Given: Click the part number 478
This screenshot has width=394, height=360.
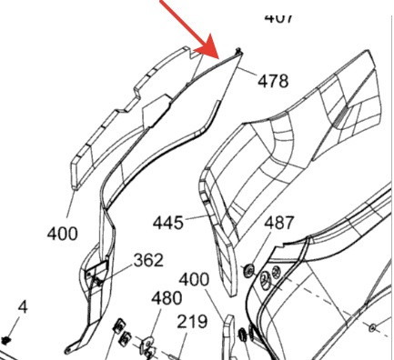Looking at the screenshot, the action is (x=271, y=81).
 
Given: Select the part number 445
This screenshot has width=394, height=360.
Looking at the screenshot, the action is (x=168, y=222).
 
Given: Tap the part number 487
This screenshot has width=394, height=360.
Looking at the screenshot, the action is (x=279, y=223).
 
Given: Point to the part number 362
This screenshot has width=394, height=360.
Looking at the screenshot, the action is (x=148, y=260).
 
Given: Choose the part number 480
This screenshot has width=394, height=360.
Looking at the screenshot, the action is (x=166, y=297).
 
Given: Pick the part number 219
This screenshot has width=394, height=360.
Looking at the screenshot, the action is (x=191, y=321).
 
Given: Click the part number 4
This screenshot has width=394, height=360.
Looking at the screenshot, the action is (x=23, y=307).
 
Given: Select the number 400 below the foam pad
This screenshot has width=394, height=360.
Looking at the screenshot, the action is (x=62, y=234).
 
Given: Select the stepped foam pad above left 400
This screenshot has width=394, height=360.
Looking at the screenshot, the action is (x=127, y=114).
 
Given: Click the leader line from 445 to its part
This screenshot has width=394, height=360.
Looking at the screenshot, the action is (x=198, y=218).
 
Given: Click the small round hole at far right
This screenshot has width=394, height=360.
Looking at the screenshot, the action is (x=373, y=325).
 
